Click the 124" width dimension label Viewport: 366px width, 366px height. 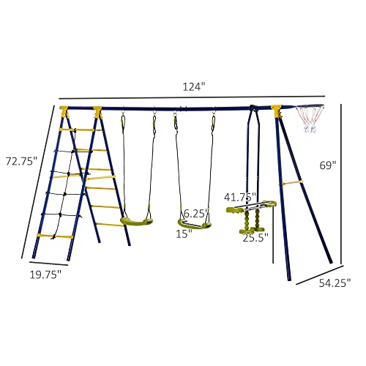pyautogui.click(x=193, y=86)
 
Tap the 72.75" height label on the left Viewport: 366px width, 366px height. pyautogui.click(x=20, y=160)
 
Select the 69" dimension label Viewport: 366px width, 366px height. pyautogui.click(x=329, y=166)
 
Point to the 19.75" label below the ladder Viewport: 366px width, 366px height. pyautogui.click(x=46, y=274)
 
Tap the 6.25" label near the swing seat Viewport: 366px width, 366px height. pyautogui.click(x=196, y=213)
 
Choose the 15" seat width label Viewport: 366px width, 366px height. pyautogui.click(x=183, y=234)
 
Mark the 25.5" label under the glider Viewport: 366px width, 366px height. pyautogui.click(x=255, y=237)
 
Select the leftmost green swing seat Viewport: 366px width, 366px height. pyautogui.click(x=137, y=219)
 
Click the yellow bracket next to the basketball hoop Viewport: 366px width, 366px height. pyautogui.click(x=277, y=111)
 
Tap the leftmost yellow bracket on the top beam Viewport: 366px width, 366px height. pyautogui.click(x=64, y=111)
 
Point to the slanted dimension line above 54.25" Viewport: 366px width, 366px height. pyautogui.click(x=315, y=272)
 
